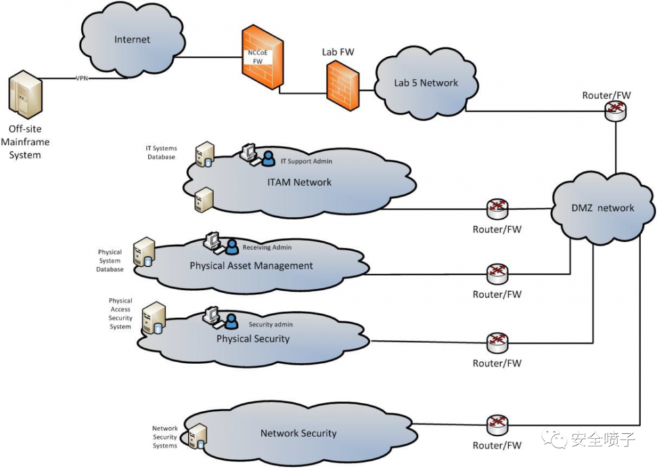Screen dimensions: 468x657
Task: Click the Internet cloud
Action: pos(132,40)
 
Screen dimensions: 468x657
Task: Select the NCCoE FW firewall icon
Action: pos(262,59)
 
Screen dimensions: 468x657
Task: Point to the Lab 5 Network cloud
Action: pos(425,83)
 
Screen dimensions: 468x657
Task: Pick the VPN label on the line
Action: pos(82,78)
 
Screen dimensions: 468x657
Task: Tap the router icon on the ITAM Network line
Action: pos(497,209)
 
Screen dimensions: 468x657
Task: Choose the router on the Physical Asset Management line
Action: pos(497,272)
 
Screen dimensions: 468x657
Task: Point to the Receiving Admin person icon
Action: pos(231,246)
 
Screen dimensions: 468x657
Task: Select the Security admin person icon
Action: pos(231,321)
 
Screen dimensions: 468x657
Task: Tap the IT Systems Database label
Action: pos(160,153)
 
